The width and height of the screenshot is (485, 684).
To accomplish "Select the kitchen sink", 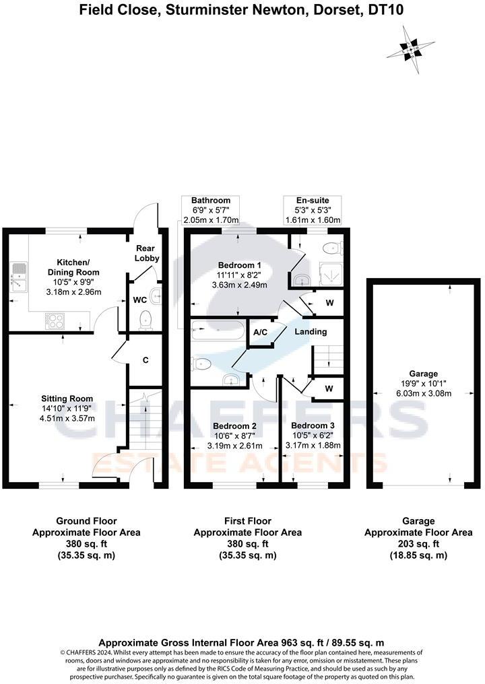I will (18, 277).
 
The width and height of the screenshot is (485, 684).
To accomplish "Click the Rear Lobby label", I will (146, 253).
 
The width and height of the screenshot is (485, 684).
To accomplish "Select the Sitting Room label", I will (67, 399).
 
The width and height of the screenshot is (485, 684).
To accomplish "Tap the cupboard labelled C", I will (145, 360).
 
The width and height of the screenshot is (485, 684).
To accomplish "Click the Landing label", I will (311, 331).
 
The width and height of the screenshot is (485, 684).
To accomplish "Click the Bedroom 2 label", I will (234, 426).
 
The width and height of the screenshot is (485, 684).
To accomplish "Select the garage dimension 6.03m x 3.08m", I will (423, 394).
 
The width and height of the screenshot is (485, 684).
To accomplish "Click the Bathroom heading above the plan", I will (210, 201).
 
